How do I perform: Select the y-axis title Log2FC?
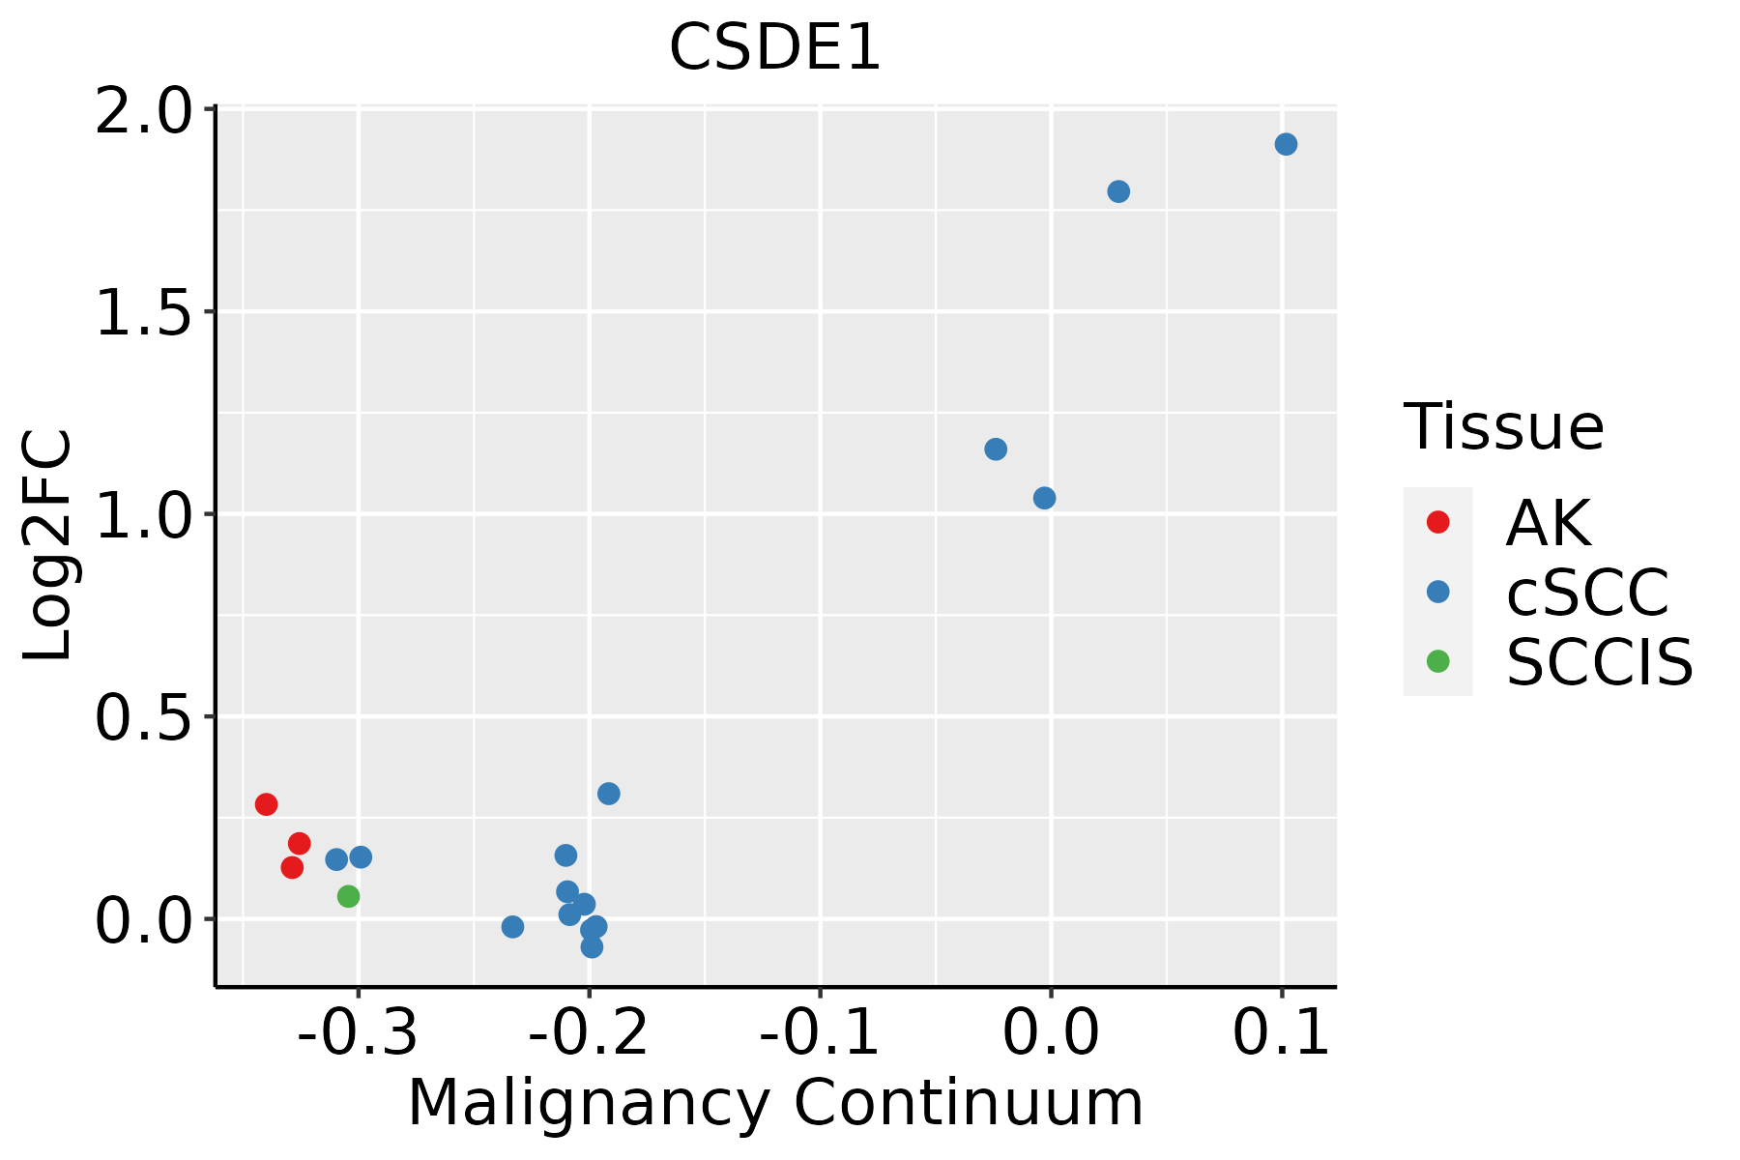coord(48,545)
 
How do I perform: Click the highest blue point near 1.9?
coord(1286,144)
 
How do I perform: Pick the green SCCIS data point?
coord(348,896)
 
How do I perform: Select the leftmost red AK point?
coord(266,804)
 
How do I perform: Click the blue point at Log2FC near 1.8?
coord(1118,191)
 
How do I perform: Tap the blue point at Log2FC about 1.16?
coord(996,449)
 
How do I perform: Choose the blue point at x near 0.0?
coord(1044,498)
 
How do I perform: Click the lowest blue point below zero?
coord(592,946)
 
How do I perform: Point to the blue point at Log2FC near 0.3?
coord(608,794)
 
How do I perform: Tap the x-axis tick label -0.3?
coord(358,1033)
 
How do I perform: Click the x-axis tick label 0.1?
coord(1282,1033)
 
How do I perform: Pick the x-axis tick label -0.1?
coord(820,1033)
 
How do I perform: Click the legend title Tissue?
coord(1503,426)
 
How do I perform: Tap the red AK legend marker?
coord(1437,522)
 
